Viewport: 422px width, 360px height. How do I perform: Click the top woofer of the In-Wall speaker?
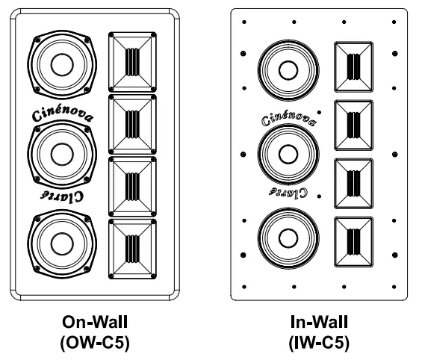(x=285, y=69)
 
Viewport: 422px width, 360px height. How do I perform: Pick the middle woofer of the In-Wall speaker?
(x=285, y=155)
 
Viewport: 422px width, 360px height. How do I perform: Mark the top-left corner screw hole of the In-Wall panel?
(x=245, y=22)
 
